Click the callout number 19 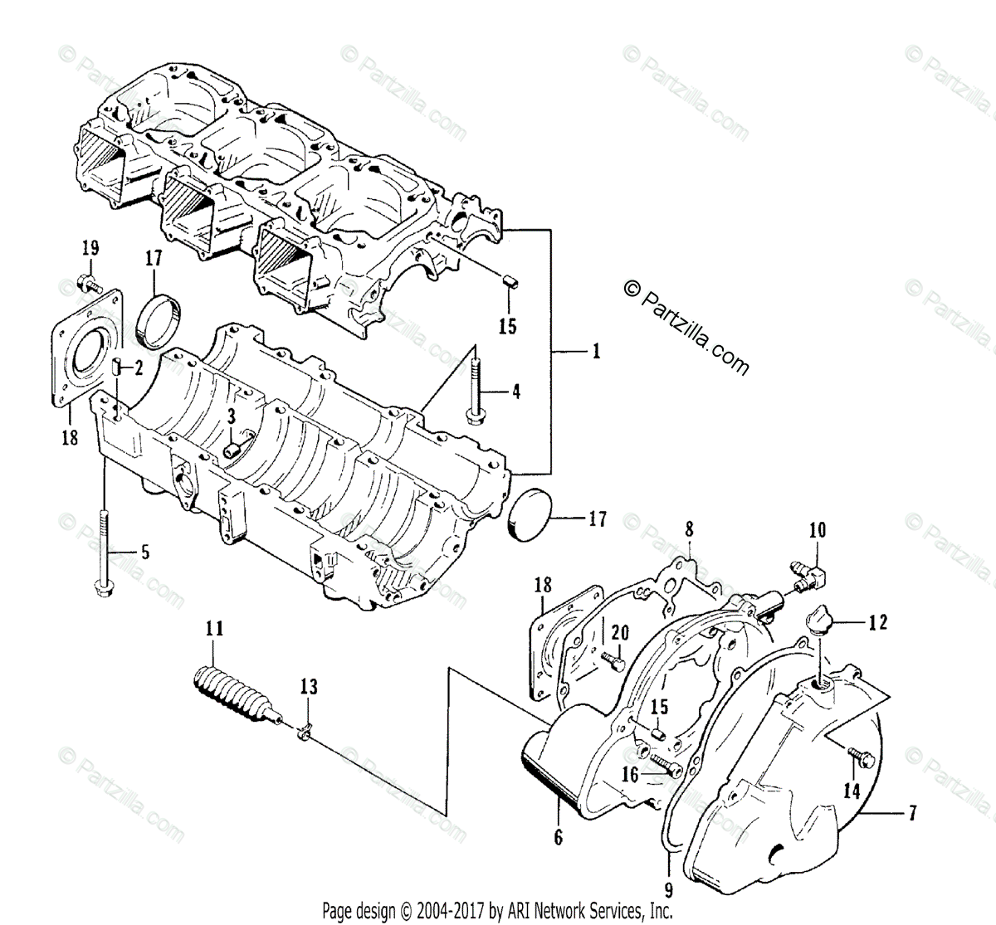click(90, 247)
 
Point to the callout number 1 click(595, 351)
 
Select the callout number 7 click(912, 813)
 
